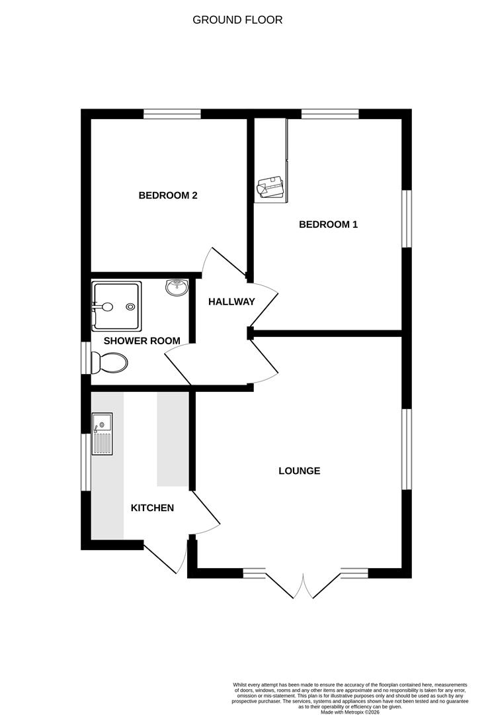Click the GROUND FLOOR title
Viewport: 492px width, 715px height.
pos(237,20)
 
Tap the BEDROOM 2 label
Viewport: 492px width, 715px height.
pos(168,195)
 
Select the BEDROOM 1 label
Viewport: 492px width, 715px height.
pos(328,224)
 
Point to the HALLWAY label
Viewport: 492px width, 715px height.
pos(231,302)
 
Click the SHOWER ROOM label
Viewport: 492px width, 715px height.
pos(142,341)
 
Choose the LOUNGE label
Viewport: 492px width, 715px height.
pos(299,471)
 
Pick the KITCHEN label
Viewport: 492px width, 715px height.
pos(152,508)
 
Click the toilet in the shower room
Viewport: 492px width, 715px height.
pos(111,363)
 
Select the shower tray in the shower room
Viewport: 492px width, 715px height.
pos(117,306)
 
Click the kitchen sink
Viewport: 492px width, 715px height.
pos(102,434)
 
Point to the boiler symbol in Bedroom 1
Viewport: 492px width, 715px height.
pos(270,188)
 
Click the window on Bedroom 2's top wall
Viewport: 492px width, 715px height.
pos(172,114)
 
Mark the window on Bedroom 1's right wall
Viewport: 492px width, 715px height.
pos(407,219)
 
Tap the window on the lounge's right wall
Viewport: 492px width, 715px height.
pos(407,449)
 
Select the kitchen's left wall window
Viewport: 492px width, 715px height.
pos(85,462)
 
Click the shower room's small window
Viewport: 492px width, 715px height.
pos(85,358)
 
